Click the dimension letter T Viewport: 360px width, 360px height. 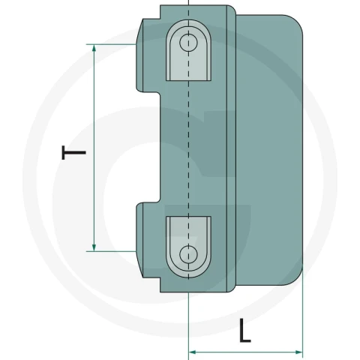73,152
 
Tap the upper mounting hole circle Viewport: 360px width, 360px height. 188,43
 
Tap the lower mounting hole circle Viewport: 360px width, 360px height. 188,255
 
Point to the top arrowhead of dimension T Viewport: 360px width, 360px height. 94,47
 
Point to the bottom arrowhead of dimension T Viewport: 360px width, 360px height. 94,248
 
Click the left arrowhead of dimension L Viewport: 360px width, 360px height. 192,352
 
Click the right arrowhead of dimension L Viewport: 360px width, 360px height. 299,352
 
